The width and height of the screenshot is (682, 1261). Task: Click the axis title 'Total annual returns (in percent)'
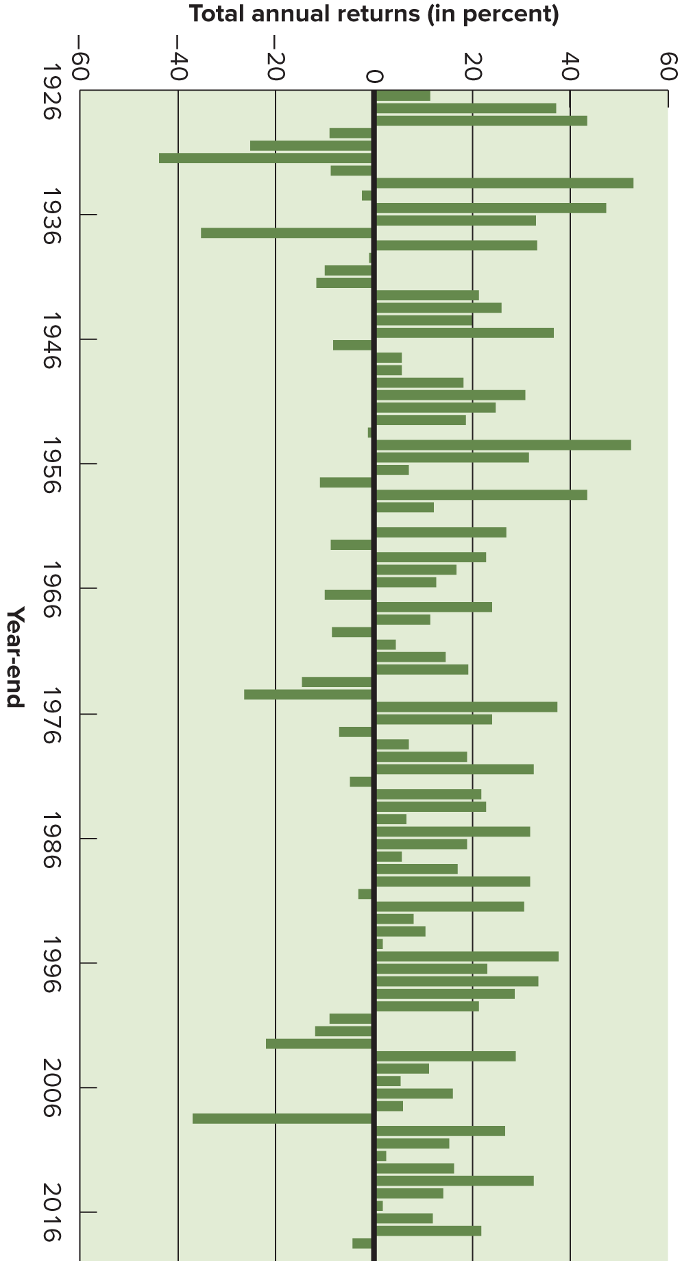374,14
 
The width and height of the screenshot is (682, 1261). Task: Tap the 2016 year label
51,1212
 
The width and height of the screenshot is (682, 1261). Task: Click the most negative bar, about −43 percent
265,158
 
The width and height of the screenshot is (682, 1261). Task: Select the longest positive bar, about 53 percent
504,183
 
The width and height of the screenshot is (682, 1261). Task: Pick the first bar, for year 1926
403,95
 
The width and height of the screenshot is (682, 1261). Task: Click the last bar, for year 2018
362,1243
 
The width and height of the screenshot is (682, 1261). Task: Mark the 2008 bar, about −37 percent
282,1118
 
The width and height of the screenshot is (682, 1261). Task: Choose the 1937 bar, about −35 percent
286,232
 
